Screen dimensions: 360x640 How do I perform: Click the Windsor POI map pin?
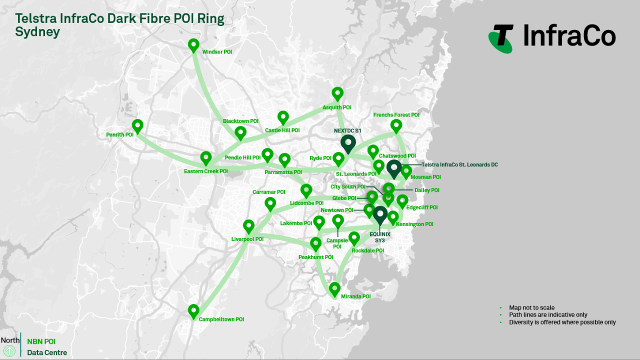[x=193, y=45]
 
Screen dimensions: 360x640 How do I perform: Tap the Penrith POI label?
[x=119, y=134]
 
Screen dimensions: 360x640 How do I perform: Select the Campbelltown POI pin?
[x=193, y=310]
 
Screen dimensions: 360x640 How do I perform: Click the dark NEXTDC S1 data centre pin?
[x=348, y=142]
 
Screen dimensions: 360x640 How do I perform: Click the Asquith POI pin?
[x=337, y=93]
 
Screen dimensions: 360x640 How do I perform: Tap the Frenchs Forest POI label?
[x=396, y=115]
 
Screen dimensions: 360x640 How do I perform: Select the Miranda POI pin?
[x=334, y=288]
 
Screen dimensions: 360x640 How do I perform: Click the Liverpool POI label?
[x=247, y=239]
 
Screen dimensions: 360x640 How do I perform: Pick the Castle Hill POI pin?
[x=283, y=117]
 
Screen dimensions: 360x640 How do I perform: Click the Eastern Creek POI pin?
[x=206, y=157]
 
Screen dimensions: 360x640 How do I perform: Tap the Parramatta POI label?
[x=283, y=172]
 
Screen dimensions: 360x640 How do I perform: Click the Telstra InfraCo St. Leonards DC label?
[x=459, y=164]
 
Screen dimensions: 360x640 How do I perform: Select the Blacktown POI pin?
[x=240, y=132]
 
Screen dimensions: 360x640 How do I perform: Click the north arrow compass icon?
[x=9, y=351]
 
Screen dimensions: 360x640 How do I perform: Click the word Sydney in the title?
[x=37, y=32]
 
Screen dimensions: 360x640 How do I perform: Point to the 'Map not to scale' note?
[x=531, y=307]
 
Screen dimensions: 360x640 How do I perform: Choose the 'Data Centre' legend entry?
[x=47, y=352]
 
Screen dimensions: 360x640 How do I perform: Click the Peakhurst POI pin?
[x=315, y=243]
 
